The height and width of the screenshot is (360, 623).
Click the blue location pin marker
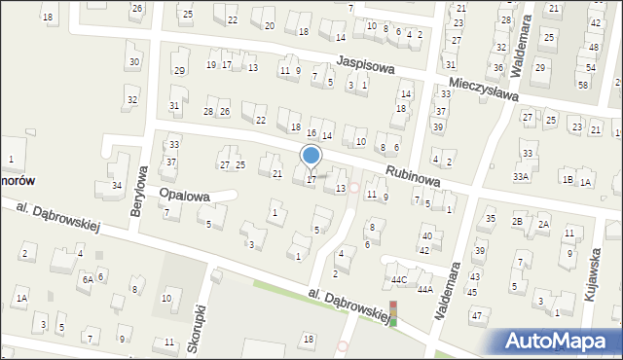click(311, 156)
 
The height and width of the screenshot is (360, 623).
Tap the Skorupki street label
click(203, 308)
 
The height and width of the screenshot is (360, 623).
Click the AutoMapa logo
click(559, 341)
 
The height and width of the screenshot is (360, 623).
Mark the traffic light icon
click(393, 313)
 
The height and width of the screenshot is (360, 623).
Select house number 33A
click(521, 176)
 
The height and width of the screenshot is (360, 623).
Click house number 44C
click(399, 279)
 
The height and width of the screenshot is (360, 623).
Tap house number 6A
click(87, 279)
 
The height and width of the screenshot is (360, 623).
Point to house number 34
click(117, 185)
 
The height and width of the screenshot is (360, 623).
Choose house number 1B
click(568, 181)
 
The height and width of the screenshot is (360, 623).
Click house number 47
click(476, 315)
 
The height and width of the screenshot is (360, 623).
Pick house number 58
click(583, 85)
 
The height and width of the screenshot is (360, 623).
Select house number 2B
click(518, 222)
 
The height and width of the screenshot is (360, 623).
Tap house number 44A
click(425, 289)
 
